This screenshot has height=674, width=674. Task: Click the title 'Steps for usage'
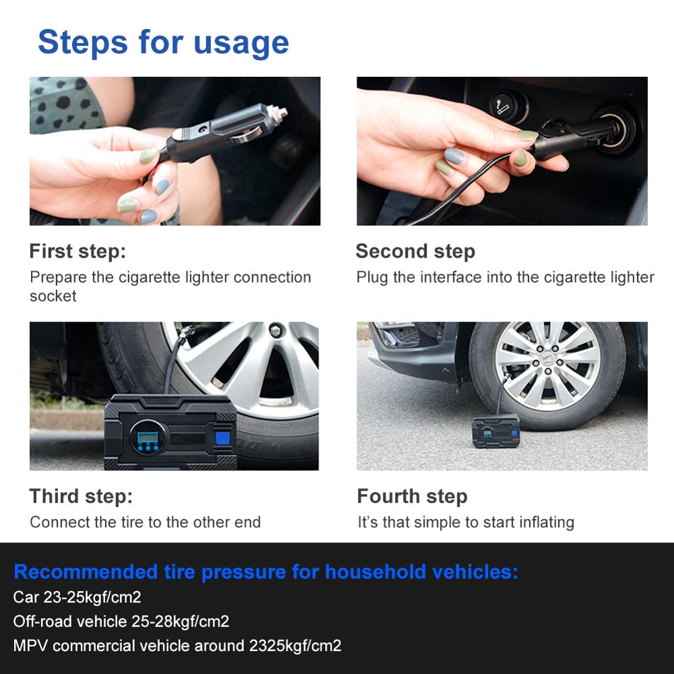pos(163,42)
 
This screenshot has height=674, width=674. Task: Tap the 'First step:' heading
pos(78,251)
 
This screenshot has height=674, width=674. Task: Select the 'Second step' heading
pos(415,251)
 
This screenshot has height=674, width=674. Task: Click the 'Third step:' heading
pos(81,497)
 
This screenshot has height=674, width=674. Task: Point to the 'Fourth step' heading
pos(412,497)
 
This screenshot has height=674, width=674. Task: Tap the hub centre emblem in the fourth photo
pos(547,365)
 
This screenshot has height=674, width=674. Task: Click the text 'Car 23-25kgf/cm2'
pos(77,597)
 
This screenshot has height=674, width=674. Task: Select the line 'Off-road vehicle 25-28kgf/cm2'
pos(121,621)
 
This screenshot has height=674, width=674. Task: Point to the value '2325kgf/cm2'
pos(295,646)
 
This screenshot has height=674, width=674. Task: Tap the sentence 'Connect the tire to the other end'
pos(145,522)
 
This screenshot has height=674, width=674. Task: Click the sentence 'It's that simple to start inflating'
pos(466,522)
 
